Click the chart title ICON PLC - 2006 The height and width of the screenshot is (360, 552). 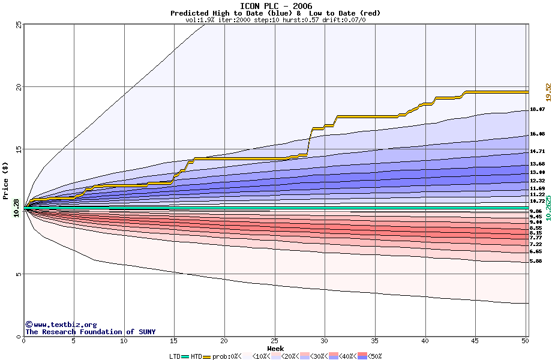click(x=276, y=6)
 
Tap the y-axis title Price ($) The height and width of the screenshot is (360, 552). click(x=6, y=181)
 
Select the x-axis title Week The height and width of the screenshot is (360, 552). click(x=275, y=348)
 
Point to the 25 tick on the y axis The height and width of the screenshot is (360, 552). click(x=18, y=25)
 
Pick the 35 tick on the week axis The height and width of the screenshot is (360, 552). click(x=375, y=341)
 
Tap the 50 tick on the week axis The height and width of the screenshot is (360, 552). click(x=526, y=341)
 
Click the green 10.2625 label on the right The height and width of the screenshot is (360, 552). click(x=547, y=208)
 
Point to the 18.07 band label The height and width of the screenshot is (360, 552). click(x=537, y=110)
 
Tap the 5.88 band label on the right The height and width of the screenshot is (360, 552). click(x=536, y=262)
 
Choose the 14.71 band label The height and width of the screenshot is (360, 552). click(x=537, y=152)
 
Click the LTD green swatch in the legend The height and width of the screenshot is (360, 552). click(x=185, y=356)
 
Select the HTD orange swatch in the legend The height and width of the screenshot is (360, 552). click(x=207, y=356)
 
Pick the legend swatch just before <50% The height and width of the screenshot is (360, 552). click(x=362, y=356)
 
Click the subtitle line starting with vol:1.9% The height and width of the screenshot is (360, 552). click(x=276, y=20)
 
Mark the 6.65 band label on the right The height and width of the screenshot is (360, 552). click(x=536, y=252)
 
